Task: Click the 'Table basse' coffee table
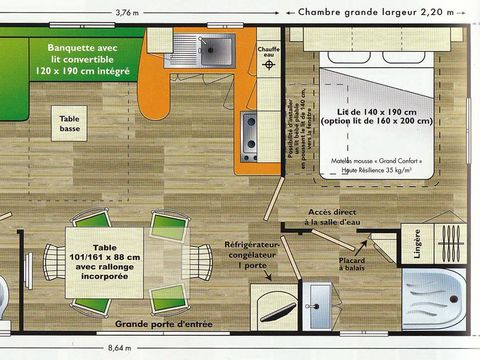point(69,124)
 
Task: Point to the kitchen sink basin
point(212,48)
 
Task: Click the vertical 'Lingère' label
point(417,244)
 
